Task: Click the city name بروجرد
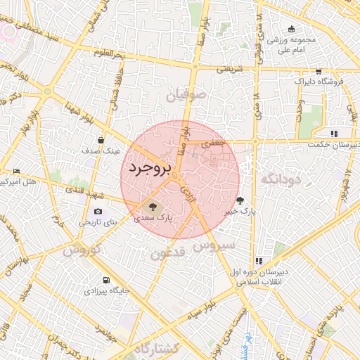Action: pyautogui.click(x=148, y=169)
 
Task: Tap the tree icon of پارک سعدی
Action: pyautogui.click(x=150, y=207)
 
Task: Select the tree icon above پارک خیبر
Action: pyautogui.click(x=240, y=200)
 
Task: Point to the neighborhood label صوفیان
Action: pyautogui.click(x=186, y=94)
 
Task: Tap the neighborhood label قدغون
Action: pyautogui.click(x=168, y=253)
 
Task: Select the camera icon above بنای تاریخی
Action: pyautogui.click(x=97, y=212)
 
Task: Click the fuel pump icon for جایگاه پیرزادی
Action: pyautogui.click(x=105, y=280)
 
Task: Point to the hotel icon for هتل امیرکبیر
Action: pyautogui.click(x=17, y=171)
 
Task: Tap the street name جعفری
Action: pyautogui.click(x=212, y=143)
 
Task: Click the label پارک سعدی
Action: pyautogui.click(x=154, y=219)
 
